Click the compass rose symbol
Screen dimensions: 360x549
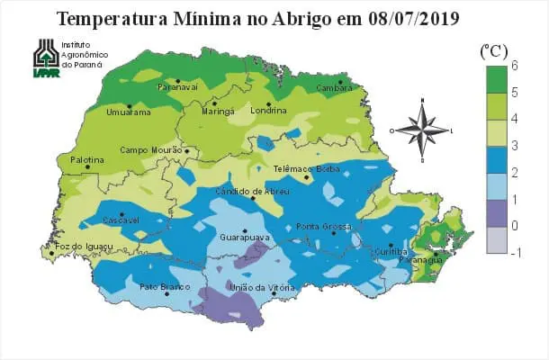[421, 130]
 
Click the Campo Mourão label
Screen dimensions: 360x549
[153, 150]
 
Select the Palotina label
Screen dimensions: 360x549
[87, 160]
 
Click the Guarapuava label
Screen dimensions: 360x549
[241, 238]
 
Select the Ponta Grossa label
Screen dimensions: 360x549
[322, 225]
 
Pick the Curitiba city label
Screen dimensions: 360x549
[391, 253]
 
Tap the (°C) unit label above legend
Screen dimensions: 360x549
[494, 49]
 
